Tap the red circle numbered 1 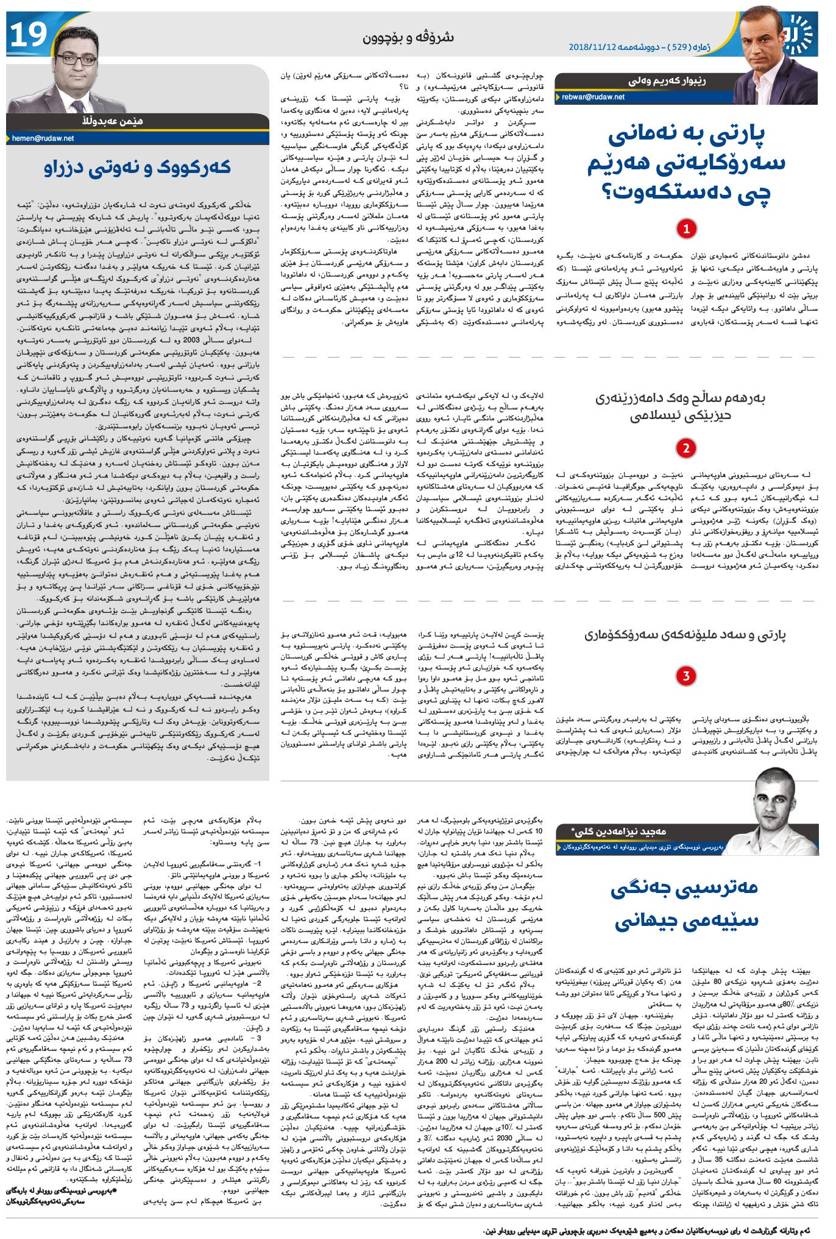686,229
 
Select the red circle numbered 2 686,448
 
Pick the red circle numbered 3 686,676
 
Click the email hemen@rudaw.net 43,138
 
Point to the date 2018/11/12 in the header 593,46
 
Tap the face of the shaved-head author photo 776,800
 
